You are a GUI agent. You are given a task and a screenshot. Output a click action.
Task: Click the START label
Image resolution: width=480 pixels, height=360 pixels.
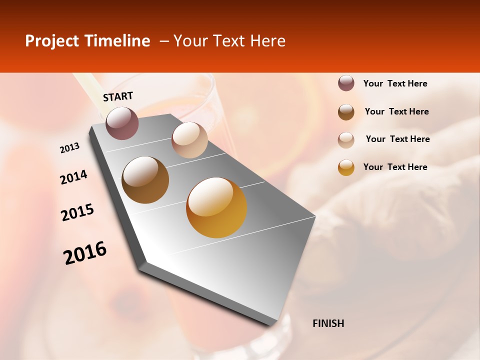118,96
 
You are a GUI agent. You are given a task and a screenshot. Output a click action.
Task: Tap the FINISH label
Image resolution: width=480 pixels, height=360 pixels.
328,323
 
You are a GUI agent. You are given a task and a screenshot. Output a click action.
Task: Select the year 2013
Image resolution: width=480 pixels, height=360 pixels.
69,148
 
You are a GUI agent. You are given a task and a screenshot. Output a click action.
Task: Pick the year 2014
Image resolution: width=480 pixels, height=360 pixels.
73,177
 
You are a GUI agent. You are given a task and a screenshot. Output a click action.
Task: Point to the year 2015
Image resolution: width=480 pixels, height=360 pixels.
77,212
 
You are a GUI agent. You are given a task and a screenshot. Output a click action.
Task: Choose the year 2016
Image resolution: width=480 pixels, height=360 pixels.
85,253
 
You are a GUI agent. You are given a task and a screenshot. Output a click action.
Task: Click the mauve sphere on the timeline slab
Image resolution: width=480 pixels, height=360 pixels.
122,123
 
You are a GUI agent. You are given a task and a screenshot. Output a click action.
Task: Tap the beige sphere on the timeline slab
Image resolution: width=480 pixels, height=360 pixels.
189,140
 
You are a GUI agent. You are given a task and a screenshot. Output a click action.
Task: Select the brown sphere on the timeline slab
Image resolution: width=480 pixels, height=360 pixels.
145,179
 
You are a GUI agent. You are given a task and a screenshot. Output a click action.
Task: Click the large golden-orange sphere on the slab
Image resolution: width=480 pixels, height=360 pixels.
216,207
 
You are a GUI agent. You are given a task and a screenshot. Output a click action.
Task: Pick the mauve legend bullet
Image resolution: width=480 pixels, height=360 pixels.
346,83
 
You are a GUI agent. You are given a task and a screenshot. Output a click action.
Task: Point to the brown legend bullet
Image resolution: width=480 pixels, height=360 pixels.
346,111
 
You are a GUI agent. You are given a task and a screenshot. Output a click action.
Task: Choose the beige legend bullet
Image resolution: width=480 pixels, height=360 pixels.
346,139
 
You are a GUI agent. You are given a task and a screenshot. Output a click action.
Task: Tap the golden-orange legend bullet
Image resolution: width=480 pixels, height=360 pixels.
346,167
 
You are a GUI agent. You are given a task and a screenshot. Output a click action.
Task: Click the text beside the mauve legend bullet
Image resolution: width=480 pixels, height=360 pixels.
395,83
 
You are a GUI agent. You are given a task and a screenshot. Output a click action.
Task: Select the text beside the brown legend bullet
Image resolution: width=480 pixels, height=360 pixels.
396,111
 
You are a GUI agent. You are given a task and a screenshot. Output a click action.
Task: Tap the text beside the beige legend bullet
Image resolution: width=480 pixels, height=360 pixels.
397,139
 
